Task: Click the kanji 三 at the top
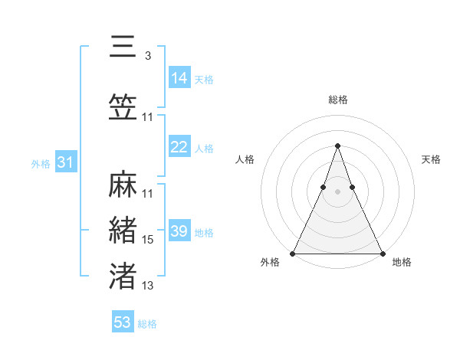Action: click(x=123, y=47)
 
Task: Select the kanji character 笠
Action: click(x=123, y=107)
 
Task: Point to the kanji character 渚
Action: click(x=123, y=276)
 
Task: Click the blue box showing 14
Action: click(x=179, y=78)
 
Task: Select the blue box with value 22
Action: click(x=179, y=148)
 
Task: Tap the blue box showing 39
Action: click(x=179, y=232)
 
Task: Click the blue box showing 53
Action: click(x=122, y=322)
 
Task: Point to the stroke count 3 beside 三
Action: click(x=147, y=56)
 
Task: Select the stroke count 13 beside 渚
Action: click(x=148, y=286)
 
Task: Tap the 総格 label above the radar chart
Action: click(x=337, y=100)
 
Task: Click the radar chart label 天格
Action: click(x=431, y=159)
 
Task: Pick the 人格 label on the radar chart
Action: click(x=245, y=159)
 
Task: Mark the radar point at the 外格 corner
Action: click(x=293, y=254)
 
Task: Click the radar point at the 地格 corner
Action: click(x=382, y=254)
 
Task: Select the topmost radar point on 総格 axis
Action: click(x=337, y=146)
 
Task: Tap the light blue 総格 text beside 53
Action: click(x=147, y=324)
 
